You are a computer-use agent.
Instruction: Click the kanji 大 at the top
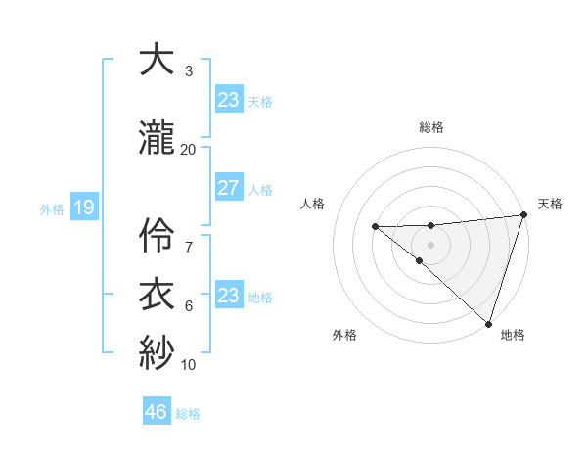click(x=157, y=60)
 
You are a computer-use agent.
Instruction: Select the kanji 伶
click(x=157, y=231)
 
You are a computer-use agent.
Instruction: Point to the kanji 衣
click(x=157, y=294)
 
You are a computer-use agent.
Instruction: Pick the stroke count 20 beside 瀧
click(x=189, y=149)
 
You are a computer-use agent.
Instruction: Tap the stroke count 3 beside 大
click(x=189, y=71)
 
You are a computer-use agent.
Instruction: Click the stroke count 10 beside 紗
click(x=189, y=365)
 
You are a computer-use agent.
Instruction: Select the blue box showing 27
click(x=228, y=188)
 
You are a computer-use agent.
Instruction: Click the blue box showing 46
click(x=157, y=412)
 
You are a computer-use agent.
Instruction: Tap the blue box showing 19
click(x=83, y=207)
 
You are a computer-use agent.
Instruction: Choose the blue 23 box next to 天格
click(x=228, y=100)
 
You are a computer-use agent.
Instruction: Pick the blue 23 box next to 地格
click(x=228, y=296)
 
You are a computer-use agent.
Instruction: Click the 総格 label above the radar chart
click(x=431, y=127)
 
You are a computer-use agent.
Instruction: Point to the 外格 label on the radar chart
click(x=344, y=335)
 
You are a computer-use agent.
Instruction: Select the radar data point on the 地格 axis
click(x=487, y=323)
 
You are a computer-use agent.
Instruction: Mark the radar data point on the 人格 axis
click(x=375, y=227)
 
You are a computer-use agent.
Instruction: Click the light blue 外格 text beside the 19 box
click(x=51, y=208)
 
